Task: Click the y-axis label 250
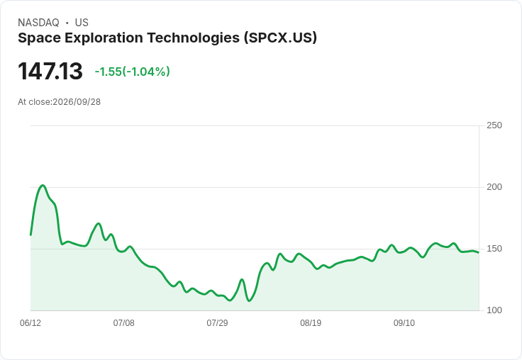tap(494, 125)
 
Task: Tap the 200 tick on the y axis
tap(494, 187)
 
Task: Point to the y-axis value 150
tap(494, 249)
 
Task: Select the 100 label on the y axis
tap(494, 310)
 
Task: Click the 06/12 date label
tap(30, 322)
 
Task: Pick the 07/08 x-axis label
tap(124, 322)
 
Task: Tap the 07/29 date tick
tap(217, 322)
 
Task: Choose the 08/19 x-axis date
tap(311, 322)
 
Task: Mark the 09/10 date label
tap(404, 322)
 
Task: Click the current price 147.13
tap(50, 71)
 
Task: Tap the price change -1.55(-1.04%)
tap(133, 72)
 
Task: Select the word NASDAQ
tap(38, 23)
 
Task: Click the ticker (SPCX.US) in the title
tap(280, 38)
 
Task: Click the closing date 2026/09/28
tap(77, 102)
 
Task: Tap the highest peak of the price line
tap(43, 186)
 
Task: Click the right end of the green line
tap(479, 252)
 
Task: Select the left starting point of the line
tap(30, 235)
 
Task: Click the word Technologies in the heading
tap(194, 38)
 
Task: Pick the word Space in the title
tap(39, 38)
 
